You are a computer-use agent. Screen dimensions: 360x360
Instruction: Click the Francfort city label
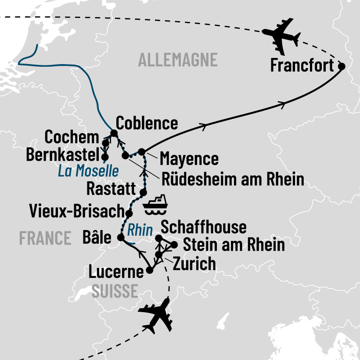coord(302,65)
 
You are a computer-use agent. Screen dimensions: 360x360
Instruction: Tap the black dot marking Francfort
coord(342,66)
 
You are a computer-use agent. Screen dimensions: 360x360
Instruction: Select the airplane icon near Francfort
coord(281,35)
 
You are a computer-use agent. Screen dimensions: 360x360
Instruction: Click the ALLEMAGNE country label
coord(178,59)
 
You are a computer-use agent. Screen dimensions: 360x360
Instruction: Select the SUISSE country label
coord(115,290)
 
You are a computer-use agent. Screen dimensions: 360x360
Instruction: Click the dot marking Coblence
coord(114,133)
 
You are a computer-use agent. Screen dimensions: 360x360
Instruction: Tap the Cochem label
coord(72,137)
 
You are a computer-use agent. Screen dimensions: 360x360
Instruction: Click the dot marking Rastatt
coord(143,193)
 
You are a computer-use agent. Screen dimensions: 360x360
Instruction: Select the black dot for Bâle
coord(120,237)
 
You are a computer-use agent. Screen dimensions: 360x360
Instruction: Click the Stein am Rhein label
coord(233,245)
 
